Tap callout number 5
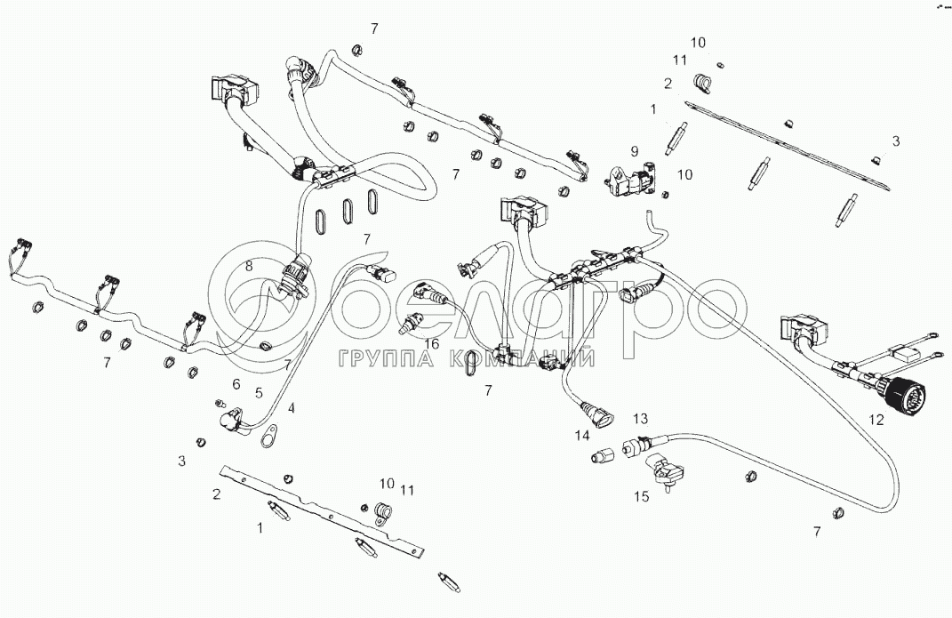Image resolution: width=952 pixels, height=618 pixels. click(259, 392)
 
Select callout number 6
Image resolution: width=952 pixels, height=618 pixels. click(236, 383)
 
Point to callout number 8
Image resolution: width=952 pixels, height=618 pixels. click(250, 265)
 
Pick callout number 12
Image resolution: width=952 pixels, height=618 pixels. click(876, 420)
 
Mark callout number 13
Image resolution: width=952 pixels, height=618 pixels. click(641, 419)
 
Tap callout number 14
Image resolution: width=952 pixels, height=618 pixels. click(581, 435)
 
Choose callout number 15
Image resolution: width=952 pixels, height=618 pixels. click(641, 498)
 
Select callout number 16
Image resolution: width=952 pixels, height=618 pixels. click(431, 343)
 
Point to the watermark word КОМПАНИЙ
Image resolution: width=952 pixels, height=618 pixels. click(531, 359)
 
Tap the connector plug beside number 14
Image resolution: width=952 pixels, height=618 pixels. click(596, 413)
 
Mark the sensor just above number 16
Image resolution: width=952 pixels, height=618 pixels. click(411, 322)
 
